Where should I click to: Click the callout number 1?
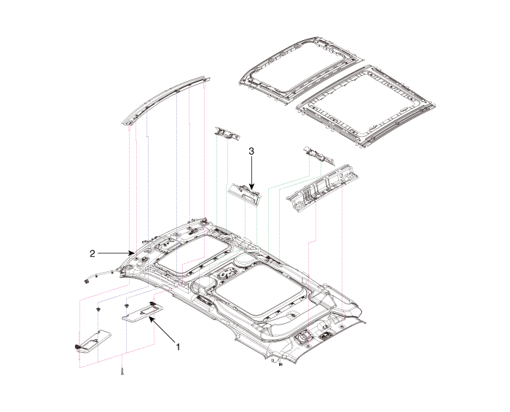point(178,346)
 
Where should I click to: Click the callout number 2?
point(93,254)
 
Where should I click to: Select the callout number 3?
point(251,151)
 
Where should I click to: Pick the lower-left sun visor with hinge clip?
point(93,338)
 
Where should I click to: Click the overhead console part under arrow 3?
point(243,191)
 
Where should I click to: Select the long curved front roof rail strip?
point(165,98)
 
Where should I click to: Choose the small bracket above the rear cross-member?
point(315,155)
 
